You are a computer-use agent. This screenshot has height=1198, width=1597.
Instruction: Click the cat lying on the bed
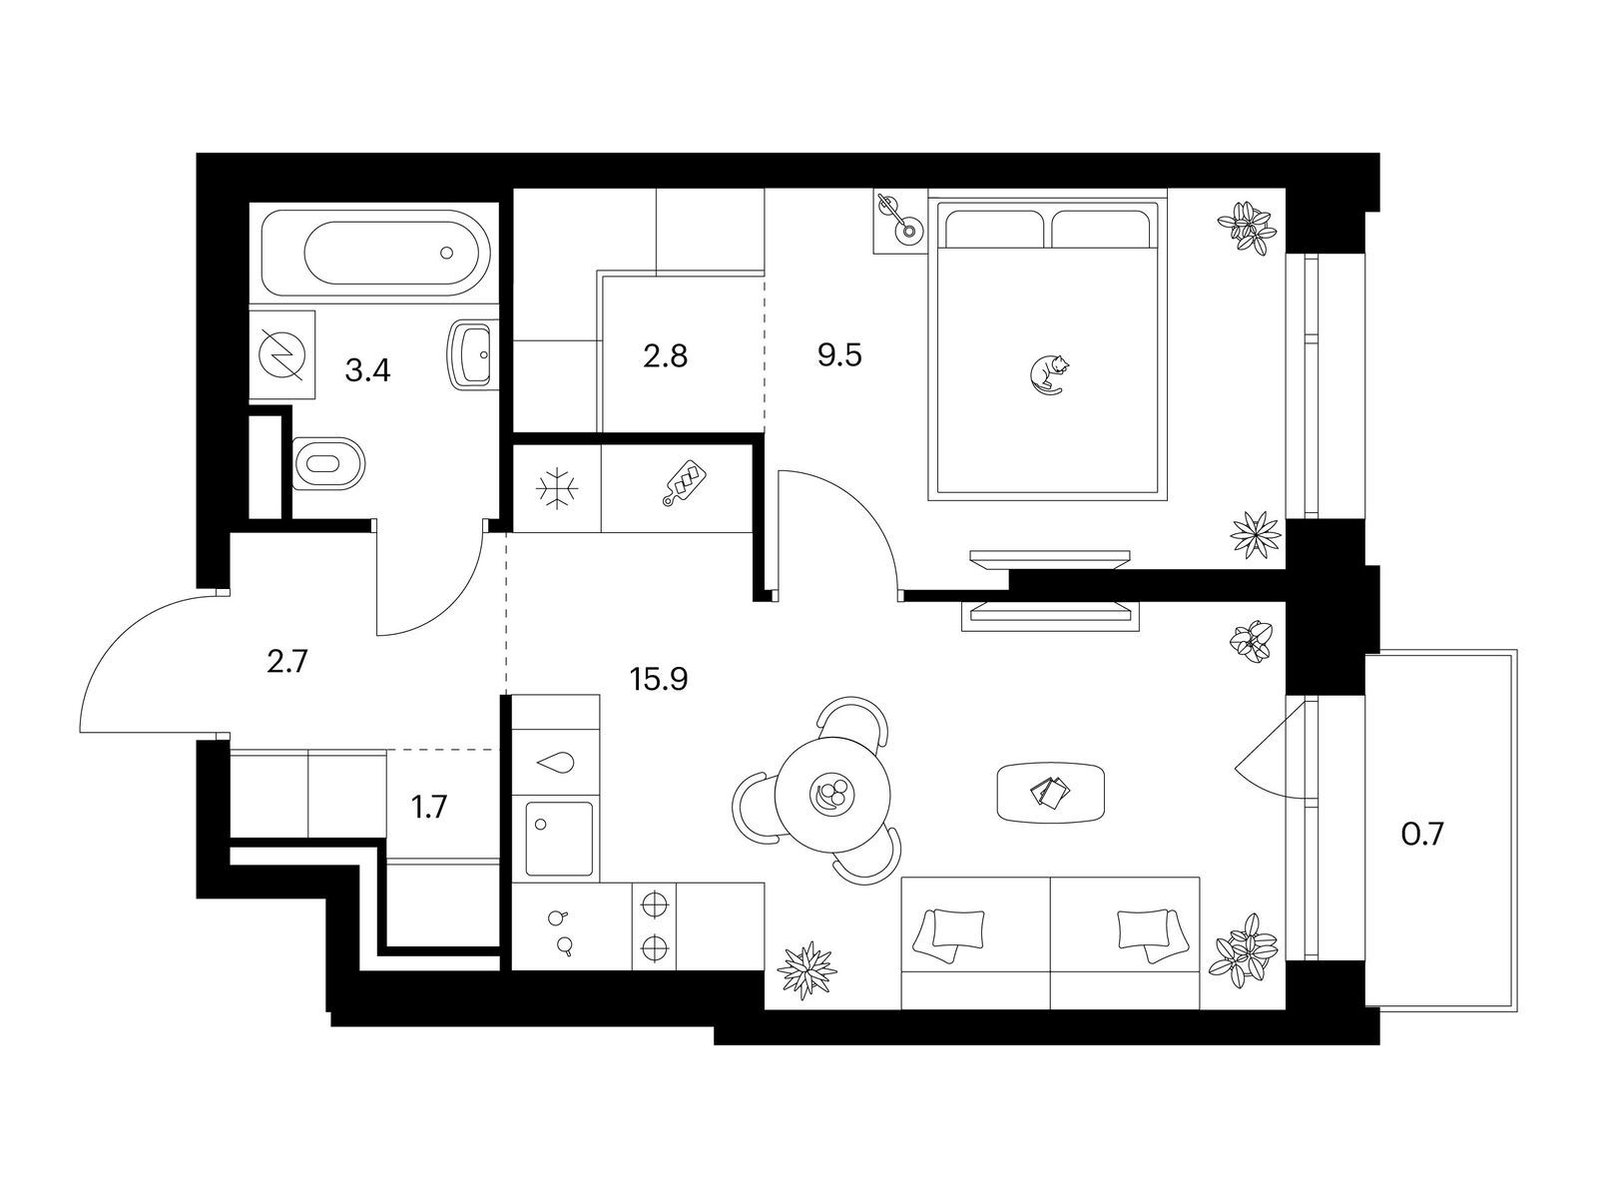click(x=1047, y=374)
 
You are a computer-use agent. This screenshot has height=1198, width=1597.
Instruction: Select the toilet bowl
click(x=328, y=463)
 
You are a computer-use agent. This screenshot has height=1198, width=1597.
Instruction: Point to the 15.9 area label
click(x=659, y=680)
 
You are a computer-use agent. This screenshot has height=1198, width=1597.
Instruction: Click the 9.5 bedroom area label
click(x=839, y=356)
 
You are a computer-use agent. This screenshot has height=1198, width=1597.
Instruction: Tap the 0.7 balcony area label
click(x=1422, y=835)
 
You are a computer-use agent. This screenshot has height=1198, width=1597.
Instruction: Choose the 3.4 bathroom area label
click(x=367, y=371)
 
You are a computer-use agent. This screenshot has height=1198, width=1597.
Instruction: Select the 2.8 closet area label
click(x=665, y=356)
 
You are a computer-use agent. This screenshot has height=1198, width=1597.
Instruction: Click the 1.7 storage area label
click(x=429, y=808)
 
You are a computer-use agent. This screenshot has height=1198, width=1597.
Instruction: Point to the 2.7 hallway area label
click(x=288, y=662)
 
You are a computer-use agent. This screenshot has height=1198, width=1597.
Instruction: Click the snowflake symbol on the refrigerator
click(x=558, y=488)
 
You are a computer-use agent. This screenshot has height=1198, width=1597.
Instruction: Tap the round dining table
click(x=832, y=795)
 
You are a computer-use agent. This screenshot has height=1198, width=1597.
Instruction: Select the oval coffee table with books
click(x=1050, y=793)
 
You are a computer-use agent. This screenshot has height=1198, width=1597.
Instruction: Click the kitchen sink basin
click(x=557, y=839)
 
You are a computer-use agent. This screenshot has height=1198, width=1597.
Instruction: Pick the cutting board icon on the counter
click(x=683, y=482)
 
